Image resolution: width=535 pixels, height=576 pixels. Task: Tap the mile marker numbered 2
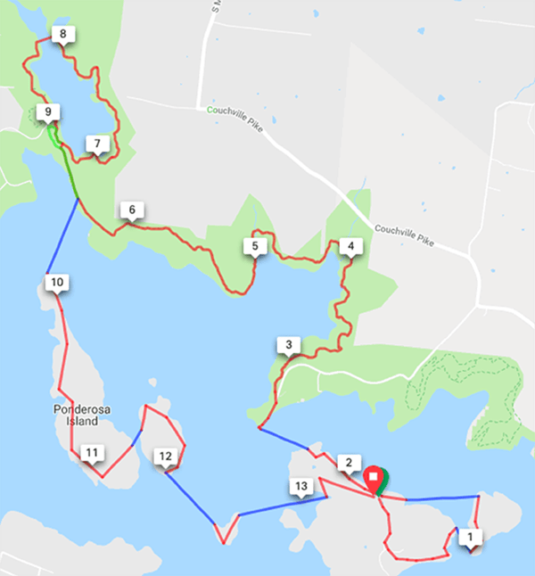click(x=349, y=462)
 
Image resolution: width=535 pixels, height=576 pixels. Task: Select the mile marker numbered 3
click(x=287, y=345)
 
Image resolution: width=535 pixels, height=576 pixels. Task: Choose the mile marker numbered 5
click(x=255, y=246)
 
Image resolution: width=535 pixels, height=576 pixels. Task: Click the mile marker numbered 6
click(x=132, y=210)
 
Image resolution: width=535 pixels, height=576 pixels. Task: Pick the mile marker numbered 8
click(x=62, y=35)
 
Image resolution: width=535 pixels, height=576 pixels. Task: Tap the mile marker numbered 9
click(x=47, y=112)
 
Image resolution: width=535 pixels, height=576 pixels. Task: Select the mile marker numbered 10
click(x=57, y=283)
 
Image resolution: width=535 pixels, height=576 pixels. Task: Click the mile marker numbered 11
click(x=91, y=453)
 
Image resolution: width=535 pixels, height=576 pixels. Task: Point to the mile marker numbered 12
click(x=165, y=457)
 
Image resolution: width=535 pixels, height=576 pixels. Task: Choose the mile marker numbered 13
click(x=301, y=485)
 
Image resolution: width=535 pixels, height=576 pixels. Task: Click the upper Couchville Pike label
click(x=236, y=111)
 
